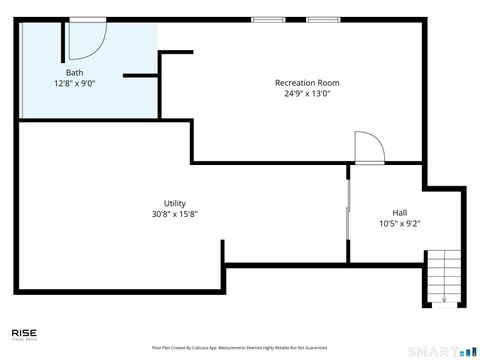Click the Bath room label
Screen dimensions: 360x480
coord(75,73)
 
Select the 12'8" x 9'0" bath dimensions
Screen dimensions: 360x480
coord(75,84)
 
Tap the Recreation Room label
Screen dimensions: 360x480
coord(307,82)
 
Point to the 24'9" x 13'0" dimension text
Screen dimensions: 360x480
coord(307,93)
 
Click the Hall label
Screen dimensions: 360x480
coord(399,212)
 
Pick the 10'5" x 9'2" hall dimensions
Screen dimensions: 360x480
coord(399,223)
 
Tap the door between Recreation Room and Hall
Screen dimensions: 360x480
coord(368,148)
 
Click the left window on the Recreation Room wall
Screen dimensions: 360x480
coord(267,19)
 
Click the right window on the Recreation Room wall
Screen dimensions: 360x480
coord(322,19)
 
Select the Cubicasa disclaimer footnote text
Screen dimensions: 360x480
coord(240,347)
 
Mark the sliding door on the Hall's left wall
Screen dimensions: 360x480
coord(347,210)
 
